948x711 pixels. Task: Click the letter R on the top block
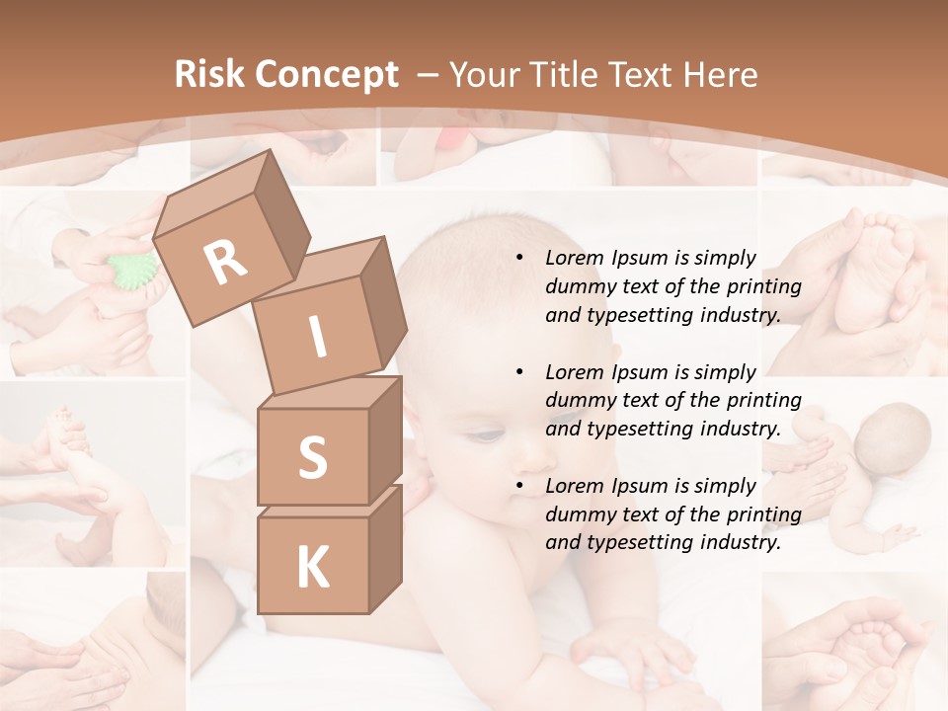[x=225, y=263]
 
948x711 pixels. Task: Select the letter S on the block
[x=312, y=457]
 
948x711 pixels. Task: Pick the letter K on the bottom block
[x=312, y=567]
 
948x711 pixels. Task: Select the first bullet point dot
[x=518, y=259]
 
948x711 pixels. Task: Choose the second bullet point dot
[x=518, y=373]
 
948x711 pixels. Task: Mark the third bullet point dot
[x=518, y=487]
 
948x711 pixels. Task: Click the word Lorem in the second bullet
[x=574, y=372]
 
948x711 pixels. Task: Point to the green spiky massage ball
[x=133, y=268]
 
